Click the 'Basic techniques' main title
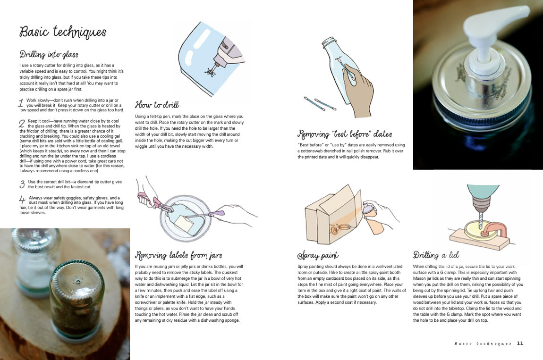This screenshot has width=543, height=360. click(x=63, y=32)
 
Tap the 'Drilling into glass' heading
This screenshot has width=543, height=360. click(x=49, y=54)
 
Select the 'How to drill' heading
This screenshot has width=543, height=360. click(x=157, y=105)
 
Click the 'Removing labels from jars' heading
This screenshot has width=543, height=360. click(x=178, y=255)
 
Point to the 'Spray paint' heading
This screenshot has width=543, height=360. click(x=318, y=256)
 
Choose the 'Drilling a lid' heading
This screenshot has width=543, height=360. click(x=436, y=255)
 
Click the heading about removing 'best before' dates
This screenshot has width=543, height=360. click(x=345, y=134)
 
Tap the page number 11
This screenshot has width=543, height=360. click(x=520, y=343)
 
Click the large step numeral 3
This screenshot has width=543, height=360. click(x=22, y=184)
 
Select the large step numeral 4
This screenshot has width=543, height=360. click(x=22, y=200)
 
